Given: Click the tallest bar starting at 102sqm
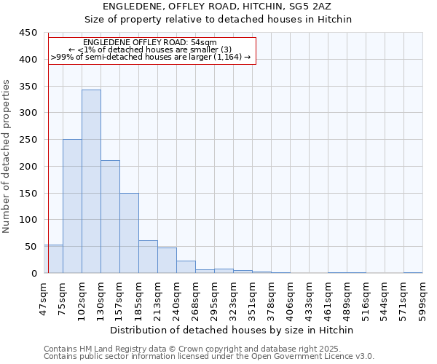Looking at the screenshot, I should (x=91, y=181).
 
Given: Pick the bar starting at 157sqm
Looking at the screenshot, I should (x=129, y=233).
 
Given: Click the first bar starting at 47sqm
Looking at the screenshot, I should (x=53, y=259).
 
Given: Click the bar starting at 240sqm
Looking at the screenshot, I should (x=186, y=266).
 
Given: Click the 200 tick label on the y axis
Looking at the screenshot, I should (x=28, y=167).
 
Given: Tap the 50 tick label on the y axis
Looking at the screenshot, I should (x=31, y=247).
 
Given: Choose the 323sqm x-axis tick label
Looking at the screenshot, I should (x=233, y=297).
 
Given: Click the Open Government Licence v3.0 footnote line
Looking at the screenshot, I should (x=209, y=357).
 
